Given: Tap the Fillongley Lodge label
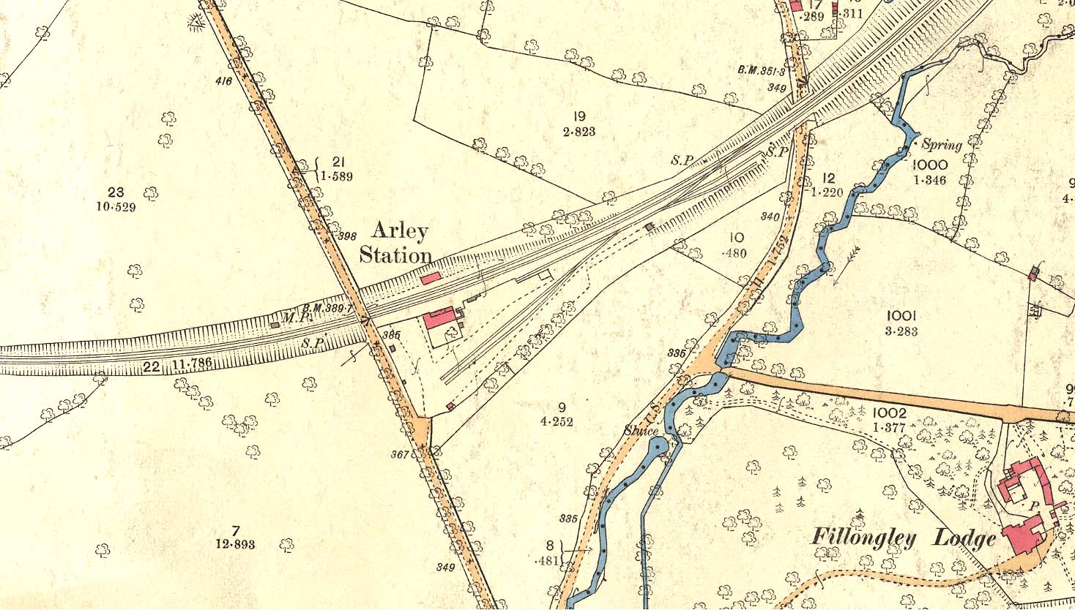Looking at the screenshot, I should pyautogui.click(x=903, y=538).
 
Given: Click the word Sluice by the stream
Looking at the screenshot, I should pyautogui.click(x=641, y=431).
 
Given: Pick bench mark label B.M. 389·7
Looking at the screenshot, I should pyautogui.click(x=327, y=309).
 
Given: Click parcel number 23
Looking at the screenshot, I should pyautogui.click(x=116, y=192).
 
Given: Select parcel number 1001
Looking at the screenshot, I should pyautogui.click(x=901, y=316).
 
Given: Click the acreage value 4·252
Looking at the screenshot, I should pyautogui.click(x=556, y=421).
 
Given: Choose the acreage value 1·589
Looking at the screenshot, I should pyautogui.click(x=337, y=176).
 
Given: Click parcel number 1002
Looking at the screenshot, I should pyautogui.click(x=890, y=413).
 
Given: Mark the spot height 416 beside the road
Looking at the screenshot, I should pyautogui.click(x=223, y=81).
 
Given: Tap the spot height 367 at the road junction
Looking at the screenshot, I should pyautogui.click(x=399, y=454).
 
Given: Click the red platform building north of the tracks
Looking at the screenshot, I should pyautogui.click(x=430, y=277).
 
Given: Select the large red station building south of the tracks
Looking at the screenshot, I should pyautogui.click(x=439, y=320).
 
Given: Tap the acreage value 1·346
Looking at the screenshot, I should pyautogui.click(x=930, y=180).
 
